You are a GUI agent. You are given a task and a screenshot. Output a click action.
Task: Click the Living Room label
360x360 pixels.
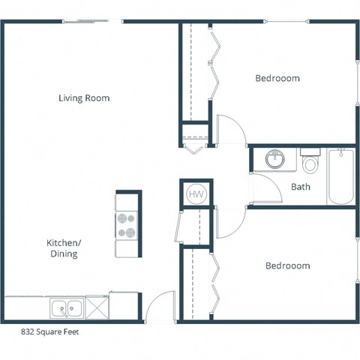(x=85, y=98)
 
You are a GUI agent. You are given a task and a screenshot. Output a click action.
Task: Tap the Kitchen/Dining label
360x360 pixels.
(x=63, y=248)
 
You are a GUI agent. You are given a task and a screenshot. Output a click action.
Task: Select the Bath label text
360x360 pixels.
(x=301, y=187)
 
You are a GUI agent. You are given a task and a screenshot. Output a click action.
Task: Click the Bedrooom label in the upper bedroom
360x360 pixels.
(x=277, y=78)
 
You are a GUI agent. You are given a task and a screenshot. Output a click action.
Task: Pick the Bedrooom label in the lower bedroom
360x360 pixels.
(x=287, y=265)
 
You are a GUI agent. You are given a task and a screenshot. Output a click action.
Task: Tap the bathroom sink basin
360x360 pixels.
(x=275, y=159)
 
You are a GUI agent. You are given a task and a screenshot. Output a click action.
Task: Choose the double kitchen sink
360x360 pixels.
(x=67, y=307)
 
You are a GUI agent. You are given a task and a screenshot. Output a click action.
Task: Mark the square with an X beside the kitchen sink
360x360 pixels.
(x=97, y=307)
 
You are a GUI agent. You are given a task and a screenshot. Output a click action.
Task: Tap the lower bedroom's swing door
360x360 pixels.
(x=229, y=223)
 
